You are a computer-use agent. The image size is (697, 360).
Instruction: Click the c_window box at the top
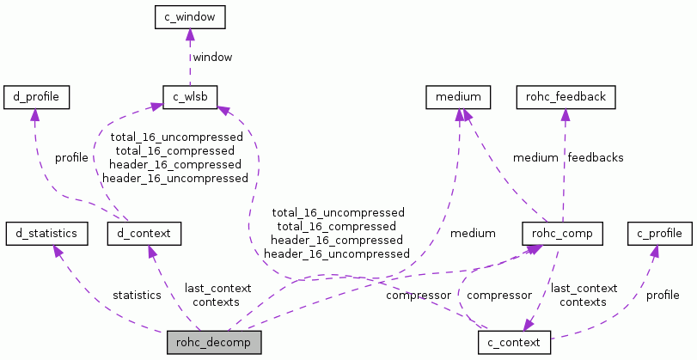(x=190, y=15)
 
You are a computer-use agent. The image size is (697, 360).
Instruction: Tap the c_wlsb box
(x=190, y=96)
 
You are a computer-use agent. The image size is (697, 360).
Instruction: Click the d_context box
(x=144, y=233)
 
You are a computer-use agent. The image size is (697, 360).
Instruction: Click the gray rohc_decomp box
(x=213, y=342)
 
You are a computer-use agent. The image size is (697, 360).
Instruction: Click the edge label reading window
(x=212, y=57)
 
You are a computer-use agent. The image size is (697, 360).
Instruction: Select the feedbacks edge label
(x=595, y=157)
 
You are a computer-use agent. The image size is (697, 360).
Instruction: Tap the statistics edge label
(x=137, y=295)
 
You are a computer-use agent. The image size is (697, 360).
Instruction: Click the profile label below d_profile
(x=71, y=157)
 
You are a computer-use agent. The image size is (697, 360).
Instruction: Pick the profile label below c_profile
(x=663, y=295)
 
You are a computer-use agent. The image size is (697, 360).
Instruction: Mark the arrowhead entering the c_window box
(x=190, y=34)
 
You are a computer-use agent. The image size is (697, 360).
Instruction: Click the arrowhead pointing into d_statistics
(x=58, y=251)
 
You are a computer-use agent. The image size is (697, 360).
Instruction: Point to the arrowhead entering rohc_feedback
(x=564, y=115)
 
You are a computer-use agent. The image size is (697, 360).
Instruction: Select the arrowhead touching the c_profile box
(x=655, y=251)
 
